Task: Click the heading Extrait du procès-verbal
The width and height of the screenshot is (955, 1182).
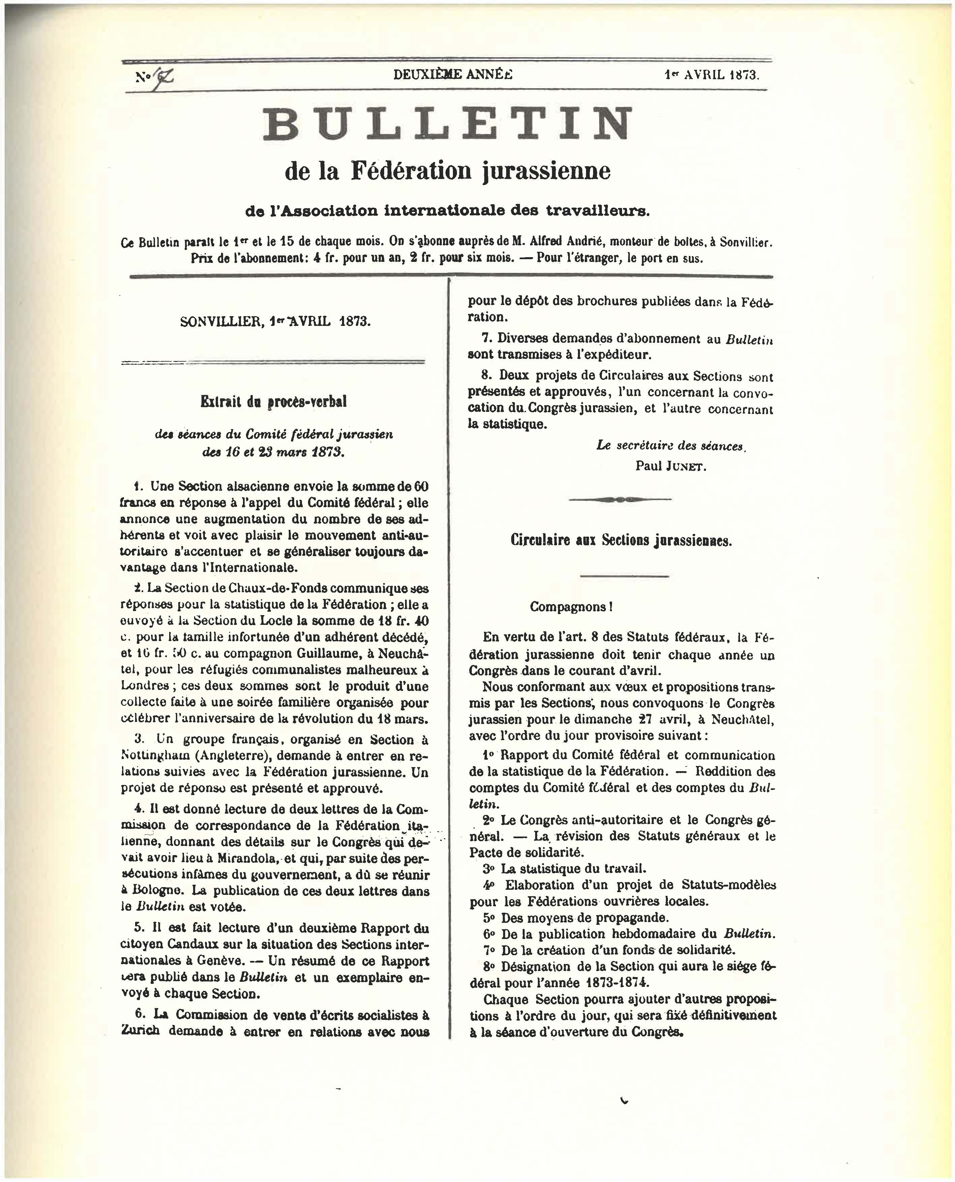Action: pos(273,402)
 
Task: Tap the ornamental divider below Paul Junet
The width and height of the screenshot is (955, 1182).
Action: pos(620,499)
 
